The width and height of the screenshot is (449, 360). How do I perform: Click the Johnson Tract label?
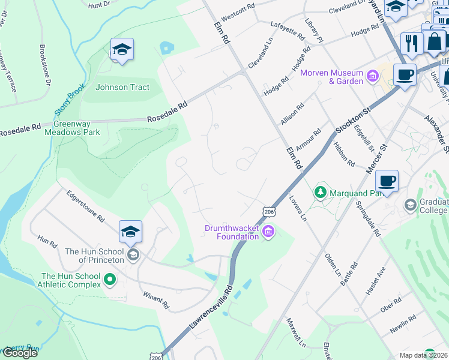tap(122, 87)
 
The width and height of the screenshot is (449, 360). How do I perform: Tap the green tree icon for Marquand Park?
tap(321, 193)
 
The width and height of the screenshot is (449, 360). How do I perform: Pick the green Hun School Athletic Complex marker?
tap(110, 280)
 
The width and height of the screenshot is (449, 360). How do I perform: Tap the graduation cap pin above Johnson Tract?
tap(122, 50)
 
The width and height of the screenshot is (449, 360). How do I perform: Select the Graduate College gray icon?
tap(410, 205)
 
